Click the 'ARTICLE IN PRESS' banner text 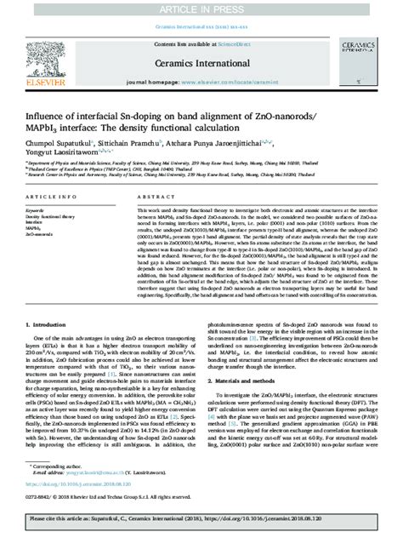[x=201, y=8]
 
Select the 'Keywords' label [x=36, y=209]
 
